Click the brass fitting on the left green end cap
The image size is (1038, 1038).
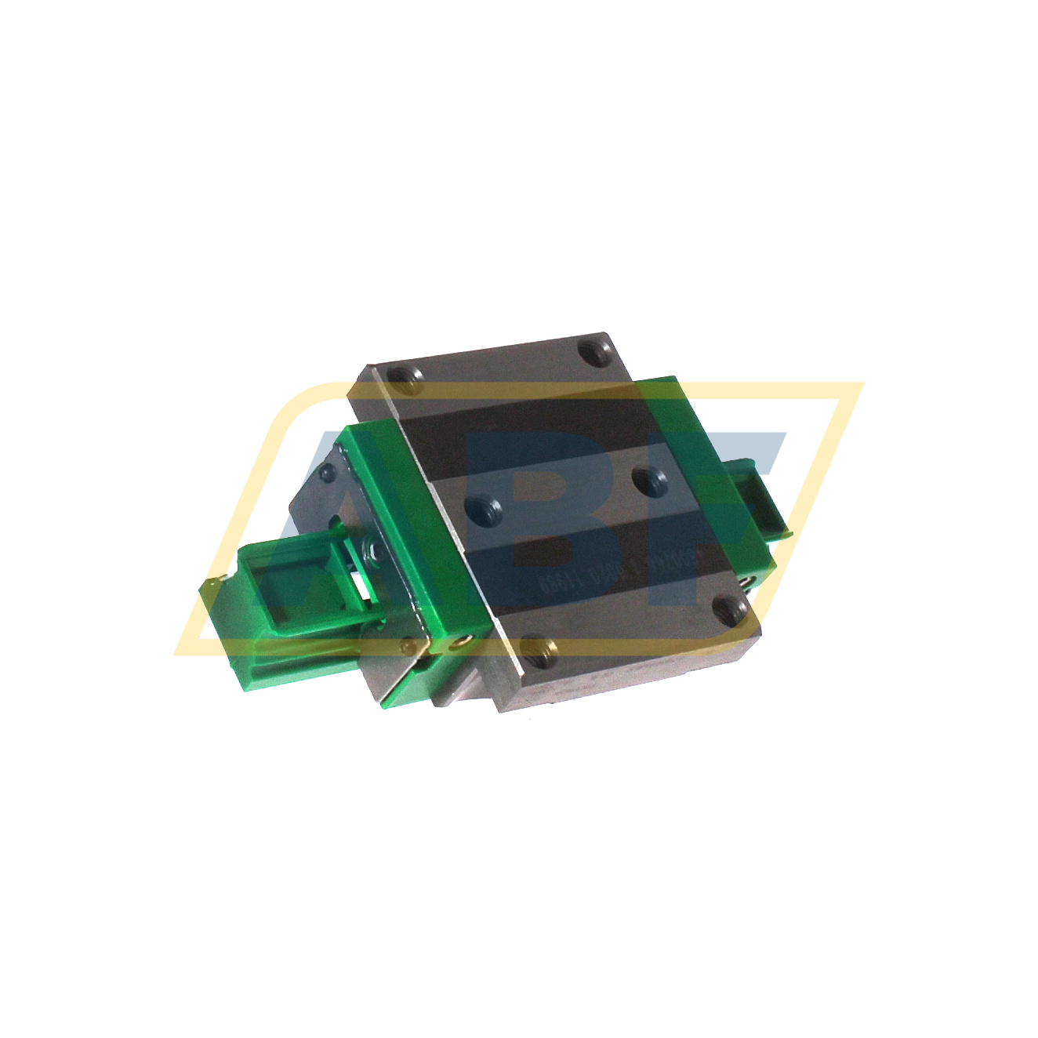tap(460, 644)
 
